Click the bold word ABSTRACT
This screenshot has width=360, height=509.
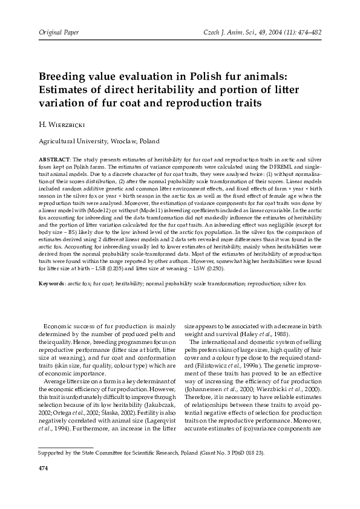point(54,158)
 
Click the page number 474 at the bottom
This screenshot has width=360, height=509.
point(43,485)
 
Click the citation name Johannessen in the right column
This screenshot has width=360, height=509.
point(211,390)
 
